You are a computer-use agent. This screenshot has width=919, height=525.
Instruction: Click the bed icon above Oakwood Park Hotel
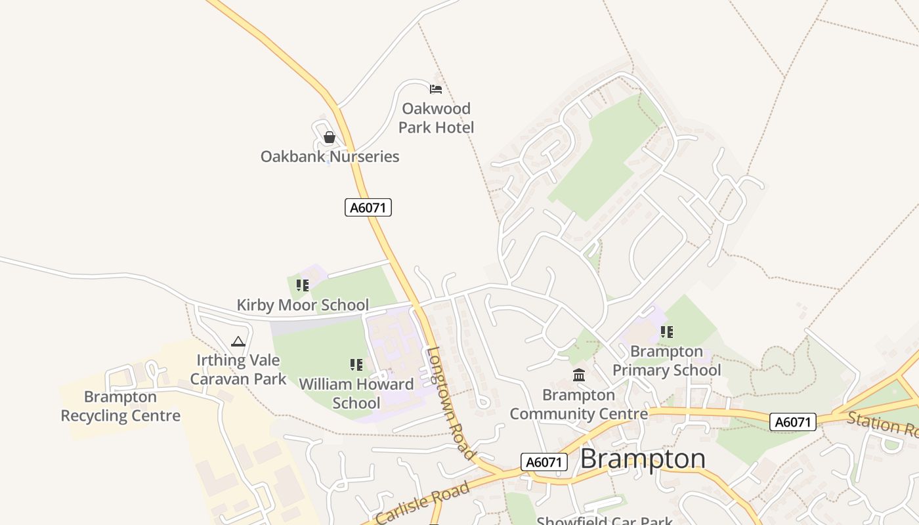pos(436,89)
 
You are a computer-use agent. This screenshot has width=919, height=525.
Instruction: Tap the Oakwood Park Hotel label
pos(436,118)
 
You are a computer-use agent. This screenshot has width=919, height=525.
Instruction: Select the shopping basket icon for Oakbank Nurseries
pos(330,137)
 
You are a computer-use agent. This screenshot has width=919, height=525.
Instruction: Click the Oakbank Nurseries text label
pos(330,157)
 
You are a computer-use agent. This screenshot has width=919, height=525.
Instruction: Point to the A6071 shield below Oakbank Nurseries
pos(368,207)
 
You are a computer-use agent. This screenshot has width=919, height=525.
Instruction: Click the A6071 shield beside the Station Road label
pos(793,422)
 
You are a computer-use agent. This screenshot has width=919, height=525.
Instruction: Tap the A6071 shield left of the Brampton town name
pos(544,462)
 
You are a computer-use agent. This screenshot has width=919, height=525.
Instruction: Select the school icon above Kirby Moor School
pos(302,285)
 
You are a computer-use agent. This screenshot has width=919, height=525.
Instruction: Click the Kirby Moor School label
pos(303,305)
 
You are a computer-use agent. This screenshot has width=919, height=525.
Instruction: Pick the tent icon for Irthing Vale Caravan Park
pos(238,341)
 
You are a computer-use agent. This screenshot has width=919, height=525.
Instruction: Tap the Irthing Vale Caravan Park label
pos(238,369)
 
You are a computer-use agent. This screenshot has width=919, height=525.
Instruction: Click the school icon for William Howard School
pos(356,365)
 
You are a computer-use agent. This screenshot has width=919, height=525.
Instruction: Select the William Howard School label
pos(356,393)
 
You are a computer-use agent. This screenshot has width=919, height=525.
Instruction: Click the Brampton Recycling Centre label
pos(121,406)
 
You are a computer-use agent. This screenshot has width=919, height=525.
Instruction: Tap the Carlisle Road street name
pos(423,503)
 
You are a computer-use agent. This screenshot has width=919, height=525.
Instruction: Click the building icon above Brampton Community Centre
pos(579,375)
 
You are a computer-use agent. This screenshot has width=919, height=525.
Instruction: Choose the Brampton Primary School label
pos(666,361)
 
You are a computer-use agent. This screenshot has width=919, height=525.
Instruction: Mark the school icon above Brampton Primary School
pos(667,332)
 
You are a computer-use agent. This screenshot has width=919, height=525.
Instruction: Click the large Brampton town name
pos(643,459)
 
